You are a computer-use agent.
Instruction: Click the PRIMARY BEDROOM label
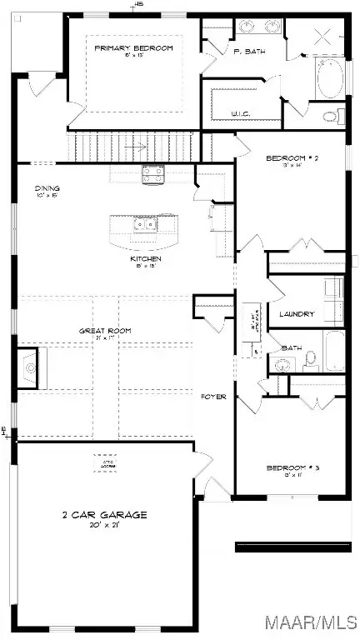coord(133,48)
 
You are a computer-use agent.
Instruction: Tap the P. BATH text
coord(225,52)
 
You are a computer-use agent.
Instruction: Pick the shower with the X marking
coord(323,37)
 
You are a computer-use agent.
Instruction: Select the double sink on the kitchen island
coord(142,225)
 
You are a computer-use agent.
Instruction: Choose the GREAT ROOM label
coord(105,331)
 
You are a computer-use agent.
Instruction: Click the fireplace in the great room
coord(30,366)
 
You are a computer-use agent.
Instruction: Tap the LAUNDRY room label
coord(297,314)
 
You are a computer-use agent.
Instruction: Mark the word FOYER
coord(214,397)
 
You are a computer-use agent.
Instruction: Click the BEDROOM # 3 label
coord(288,468)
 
